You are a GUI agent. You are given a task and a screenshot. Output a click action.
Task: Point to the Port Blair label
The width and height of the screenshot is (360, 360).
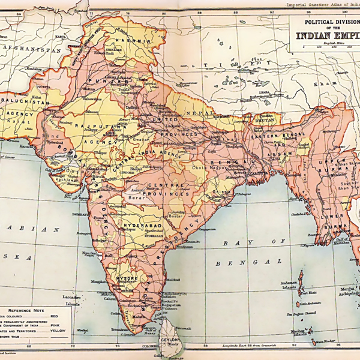click(x=308, y=293)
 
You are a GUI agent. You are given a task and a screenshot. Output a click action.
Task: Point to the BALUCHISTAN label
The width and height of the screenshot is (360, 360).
click(x=26, y=102)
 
